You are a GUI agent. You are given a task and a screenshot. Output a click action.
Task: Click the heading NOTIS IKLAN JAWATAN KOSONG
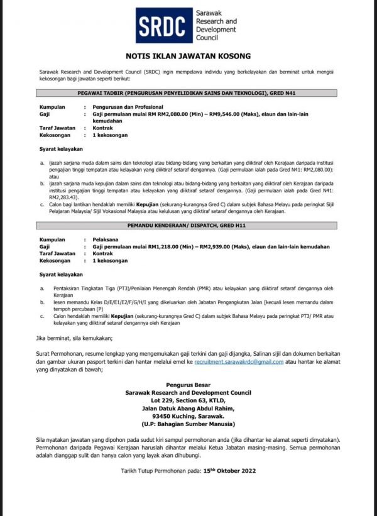[x=188, y=55]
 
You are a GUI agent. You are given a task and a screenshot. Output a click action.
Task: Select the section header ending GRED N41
[x=188, y=92]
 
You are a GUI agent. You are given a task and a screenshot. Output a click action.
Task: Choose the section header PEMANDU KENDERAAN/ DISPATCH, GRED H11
[x=188, y=224]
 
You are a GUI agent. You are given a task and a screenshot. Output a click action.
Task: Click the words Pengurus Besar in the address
[x=188, y=385]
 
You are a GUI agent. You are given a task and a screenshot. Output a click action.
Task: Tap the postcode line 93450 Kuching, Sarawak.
[x=188, y=415]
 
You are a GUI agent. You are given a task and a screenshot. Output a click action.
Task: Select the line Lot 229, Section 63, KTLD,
[x=188, y=400]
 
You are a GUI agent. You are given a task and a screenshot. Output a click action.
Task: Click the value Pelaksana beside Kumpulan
[x=104, y=240]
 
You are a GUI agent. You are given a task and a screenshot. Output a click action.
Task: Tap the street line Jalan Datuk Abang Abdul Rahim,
[x=188, y=407]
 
